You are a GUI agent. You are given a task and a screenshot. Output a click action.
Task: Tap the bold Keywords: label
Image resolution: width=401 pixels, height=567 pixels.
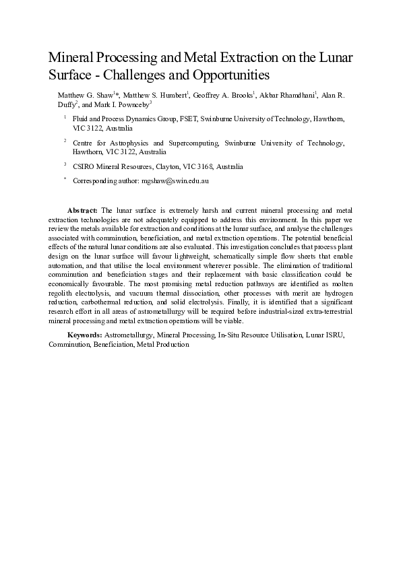[84, 334]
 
